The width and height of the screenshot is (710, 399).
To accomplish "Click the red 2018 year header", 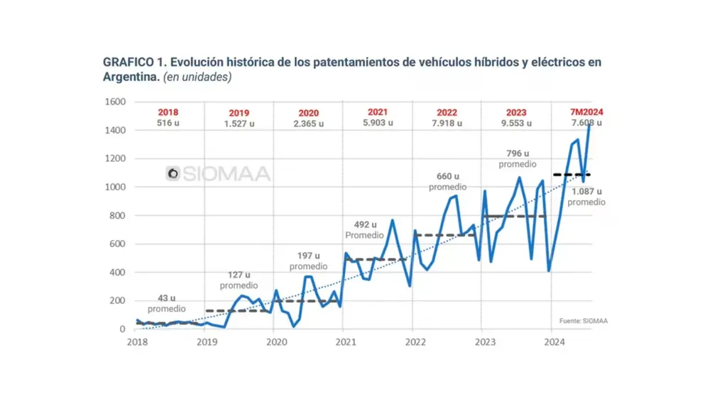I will click(168, 112).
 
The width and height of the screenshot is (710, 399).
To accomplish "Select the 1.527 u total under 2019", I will click(239, 124).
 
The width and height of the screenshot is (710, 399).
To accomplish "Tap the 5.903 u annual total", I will click(378, 123).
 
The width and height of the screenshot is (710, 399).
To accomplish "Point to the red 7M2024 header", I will click(586, 112).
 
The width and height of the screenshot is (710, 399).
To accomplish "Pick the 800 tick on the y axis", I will click(119, 215).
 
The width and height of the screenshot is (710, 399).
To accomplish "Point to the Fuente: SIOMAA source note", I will click(583, 321).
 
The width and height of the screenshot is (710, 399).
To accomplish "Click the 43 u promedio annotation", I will click(167, 304).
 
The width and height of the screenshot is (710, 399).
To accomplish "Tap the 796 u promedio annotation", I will click(518, 158).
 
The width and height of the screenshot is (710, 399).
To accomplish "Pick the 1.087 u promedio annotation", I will click(586, 197).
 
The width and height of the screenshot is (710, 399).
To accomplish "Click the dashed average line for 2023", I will click(514, 216).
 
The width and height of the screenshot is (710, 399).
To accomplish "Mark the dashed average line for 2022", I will click(444, 235).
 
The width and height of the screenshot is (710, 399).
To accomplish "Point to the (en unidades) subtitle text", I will click(197, 77).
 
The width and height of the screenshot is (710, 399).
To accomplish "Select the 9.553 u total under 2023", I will click(516, 124).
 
